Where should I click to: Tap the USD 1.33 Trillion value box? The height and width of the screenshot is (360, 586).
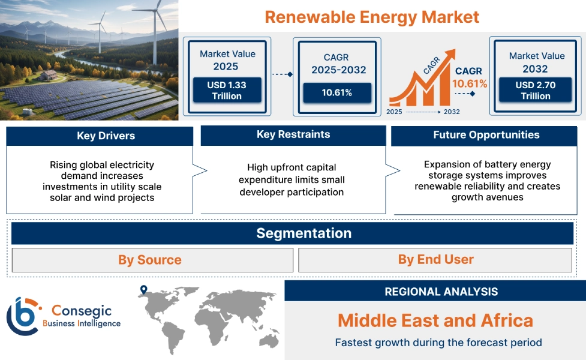tap(226, 90)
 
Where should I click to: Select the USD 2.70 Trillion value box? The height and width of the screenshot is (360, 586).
tap(536, 90)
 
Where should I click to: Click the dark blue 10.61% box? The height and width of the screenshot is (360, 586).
tap(336, 92)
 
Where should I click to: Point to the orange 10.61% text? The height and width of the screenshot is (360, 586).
tap(470, 83)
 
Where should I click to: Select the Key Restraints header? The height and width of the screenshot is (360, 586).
tap(293, 134)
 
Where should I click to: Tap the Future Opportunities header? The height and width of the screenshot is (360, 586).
tap(486, 135)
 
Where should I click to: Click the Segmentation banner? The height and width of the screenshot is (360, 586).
tap(304, 233)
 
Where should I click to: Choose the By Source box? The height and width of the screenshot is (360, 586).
tap(150, 260)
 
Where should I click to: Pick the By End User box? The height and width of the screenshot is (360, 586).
tap(435, 259)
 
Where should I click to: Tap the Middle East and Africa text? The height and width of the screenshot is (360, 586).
tap(435, 320)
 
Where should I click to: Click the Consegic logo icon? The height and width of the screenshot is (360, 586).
tap(23, 316)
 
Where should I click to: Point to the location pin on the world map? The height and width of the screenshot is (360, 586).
tap(143, 290)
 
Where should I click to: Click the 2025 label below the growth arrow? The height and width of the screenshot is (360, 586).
tap(395, 112)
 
